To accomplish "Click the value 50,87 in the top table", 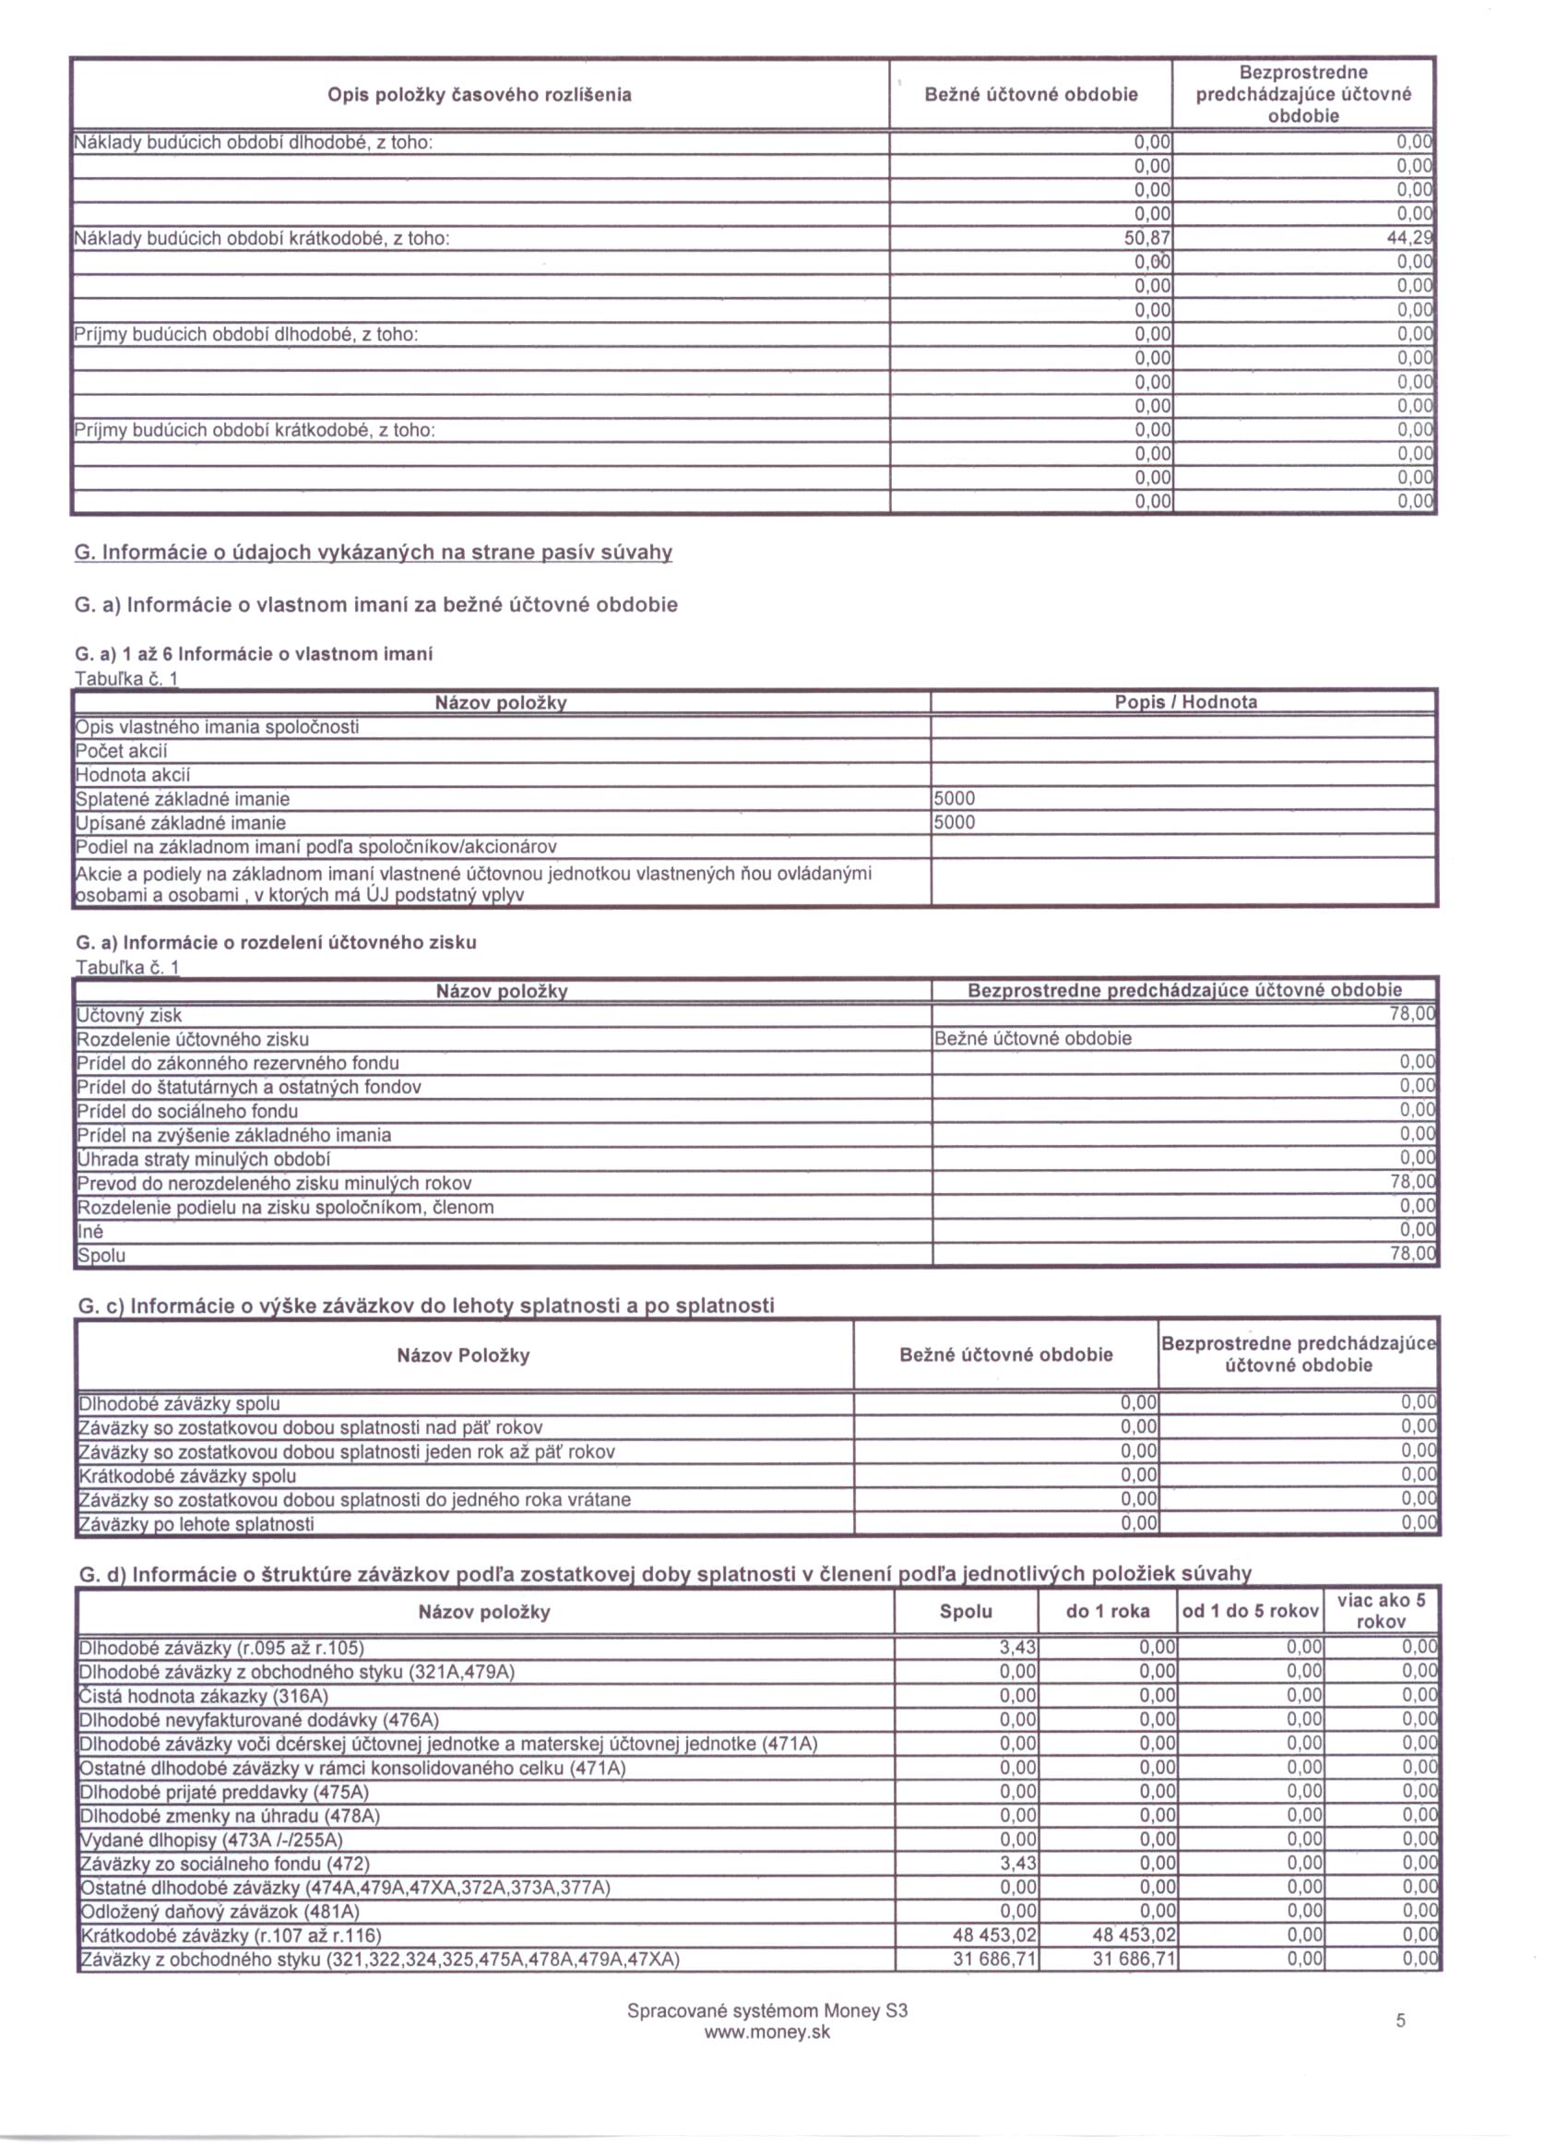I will (1146, 238).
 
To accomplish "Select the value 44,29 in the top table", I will (1410, 238).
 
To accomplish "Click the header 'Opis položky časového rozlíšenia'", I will (480, 95).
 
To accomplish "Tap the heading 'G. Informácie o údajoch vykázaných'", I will (373, 553).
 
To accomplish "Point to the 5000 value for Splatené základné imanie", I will (955, 798).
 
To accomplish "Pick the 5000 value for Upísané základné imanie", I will (955, 822).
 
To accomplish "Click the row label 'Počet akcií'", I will (122, 751).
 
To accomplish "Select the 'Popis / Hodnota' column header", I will (1185, 702).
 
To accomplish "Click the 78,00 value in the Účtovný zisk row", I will (1412, 1015).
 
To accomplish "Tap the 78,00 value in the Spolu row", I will (1413, 1254).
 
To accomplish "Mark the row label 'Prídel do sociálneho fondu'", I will (187, 1111).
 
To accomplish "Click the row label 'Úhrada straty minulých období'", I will (203, 1159).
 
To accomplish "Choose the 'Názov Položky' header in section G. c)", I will (463, 1355).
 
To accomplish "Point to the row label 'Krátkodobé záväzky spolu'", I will (187, 1476).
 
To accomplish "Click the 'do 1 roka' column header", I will (1108, 1611).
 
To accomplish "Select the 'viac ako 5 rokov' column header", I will (1381, 1611).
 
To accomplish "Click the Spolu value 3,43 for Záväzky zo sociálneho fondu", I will (1017, 1863).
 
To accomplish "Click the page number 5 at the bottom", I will (1401, 2021).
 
